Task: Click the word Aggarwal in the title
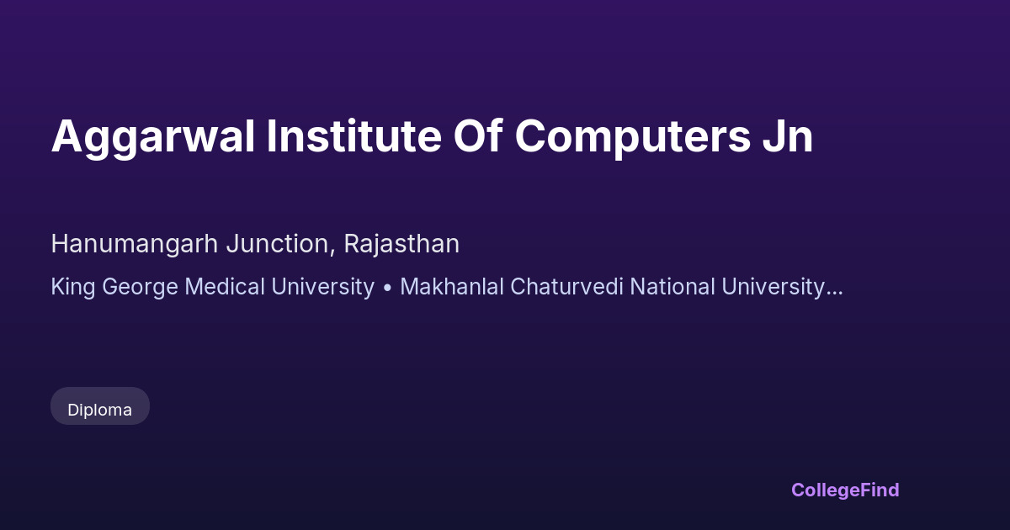pyautogui.click(x=153, y=137)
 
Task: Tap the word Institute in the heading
pyautogui.click(x=354, y=135)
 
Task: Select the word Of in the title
pyautogui.click(x=478, y=135)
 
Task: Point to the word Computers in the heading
pyautogui.click(x=633, y=137)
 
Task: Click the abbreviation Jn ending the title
pyautogui.click(x=788, y=136)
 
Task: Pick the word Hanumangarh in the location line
pyautogui.click(x=135, y=245)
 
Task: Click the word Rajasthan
pyautogui.click(x=401, y=245)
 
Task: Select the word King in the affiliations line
pyautogui.click(x=73, y=288)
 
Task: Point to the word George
pyautogui.click(x=140, y=288)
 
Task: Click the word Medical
pyautogui.click(x=225, y=287)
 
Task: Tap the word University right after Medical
pyautogui.click(x=322, y=288)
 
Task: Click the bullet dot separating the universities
pyautogui.click(x=387, y=289)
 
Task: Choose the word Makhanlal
pyautogui.click(x=452, y=287)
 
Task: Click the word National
pyautogui.click(x=672, y=287)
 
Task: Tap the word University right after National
pyautogui.click(x=773, y=288)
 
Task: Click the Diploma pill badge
pyautogui.click(x=100, y=406)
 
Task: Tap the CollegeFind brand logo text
pyautogui.click(x=845, y=490)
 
